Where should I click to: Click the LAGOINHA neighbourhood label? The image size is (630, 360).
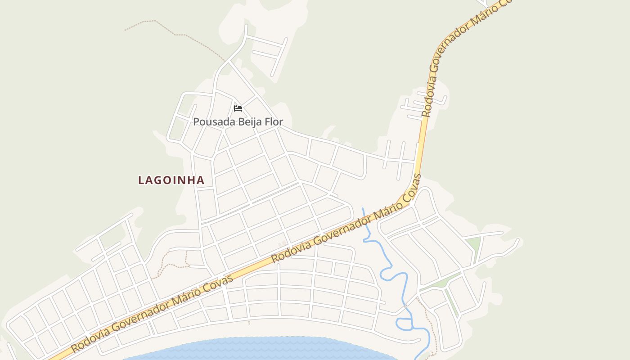pos(171,180)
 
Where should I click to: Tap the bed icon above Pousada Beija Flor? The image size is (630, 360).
pos(238,108)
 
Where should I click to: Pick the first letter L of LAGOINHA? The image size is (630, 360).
pos(141,180)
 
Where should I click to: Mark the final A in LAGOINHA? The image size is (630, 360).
pos(201,180)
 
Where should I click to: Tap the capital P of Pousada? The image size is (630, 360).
pos(196,122)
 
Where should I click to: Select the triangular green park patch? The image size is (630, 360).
pos(473,245)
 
